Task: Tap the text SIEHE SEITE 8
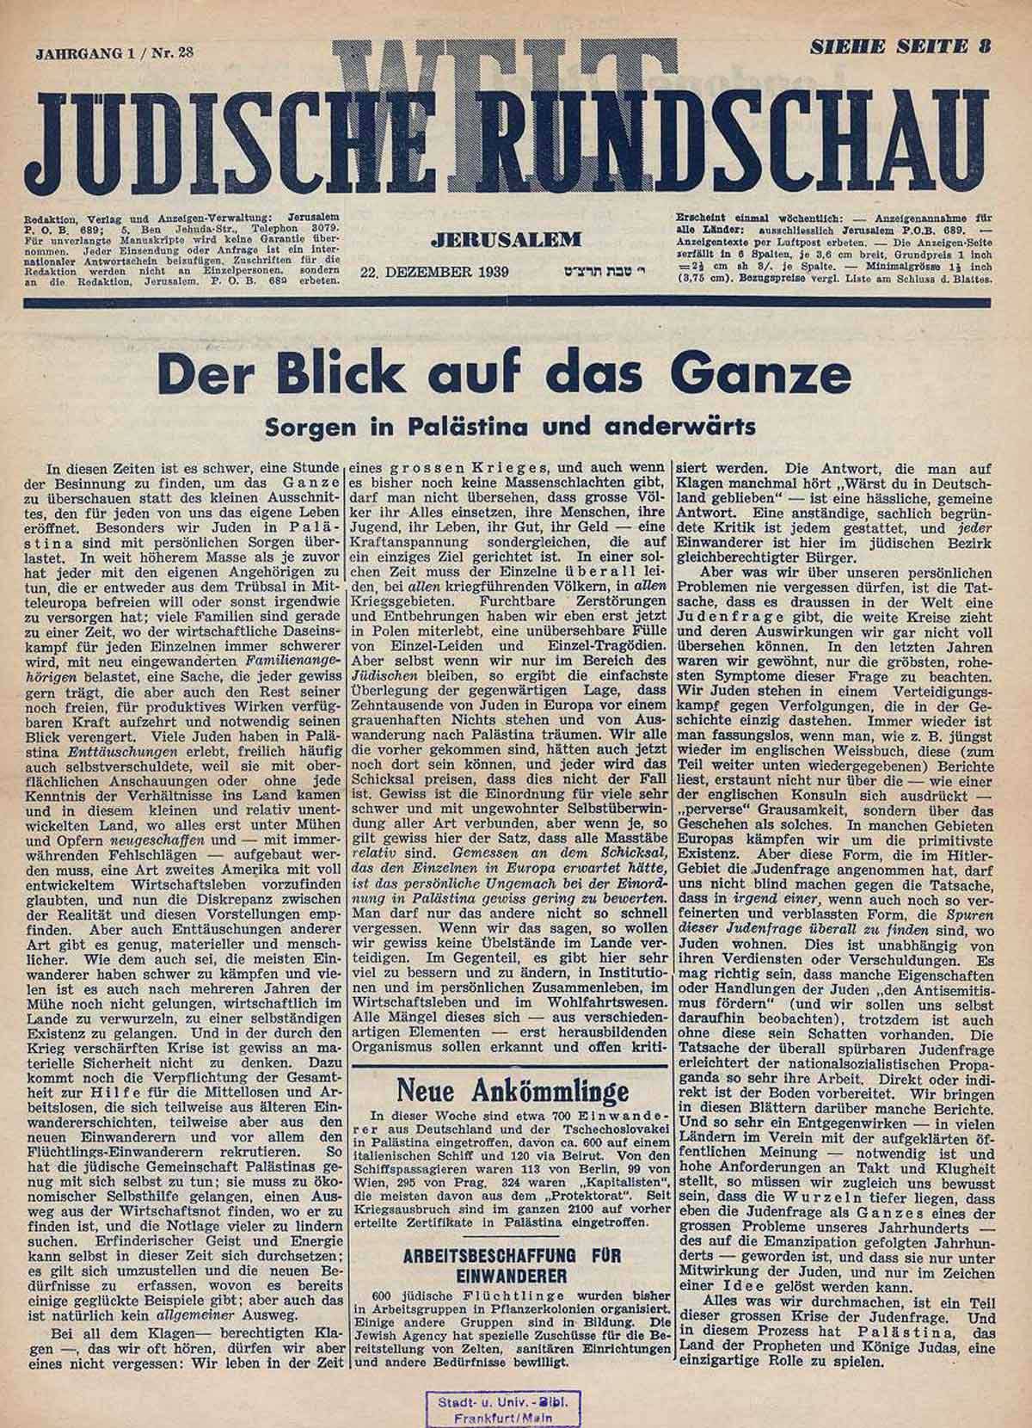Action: [900, 48]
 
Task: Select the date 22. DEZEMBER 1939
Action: [436, 272]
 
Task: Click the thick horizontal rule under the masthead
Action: [516, 302]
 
